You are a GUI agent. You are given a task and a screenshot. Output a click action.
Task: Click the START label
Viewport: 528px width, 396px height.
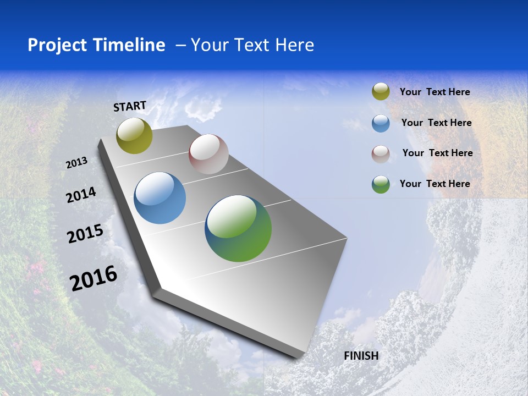pyautogui.click(x=130, y=106)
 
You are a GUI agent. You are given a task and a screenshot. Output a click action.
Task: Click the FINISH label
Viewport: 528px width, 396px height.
pyautogui.click(x=361, y=356)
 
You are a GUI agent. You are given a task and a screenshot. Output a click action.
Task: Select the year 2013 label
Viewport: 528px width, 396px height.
pyautogui.click(x=77, y=163)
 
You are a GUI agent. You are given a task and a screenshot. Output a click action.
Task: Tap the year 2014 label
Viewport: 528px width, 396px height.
pyautogui.click(x=81, y=195)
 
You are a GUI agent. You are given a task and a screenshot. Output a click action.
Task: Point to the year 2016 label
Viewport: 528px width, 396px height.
pyautogui.click(x=94, y=278)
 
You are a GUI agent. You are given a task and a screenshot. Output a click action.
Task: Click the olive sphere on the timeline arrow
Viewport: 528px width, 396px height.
pyautogui.click(x=134, y=136)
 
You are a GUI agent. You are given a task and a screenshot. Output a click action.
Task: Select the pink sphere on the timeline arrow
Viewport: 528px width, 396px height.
pyautogui.click(x=208, y=154)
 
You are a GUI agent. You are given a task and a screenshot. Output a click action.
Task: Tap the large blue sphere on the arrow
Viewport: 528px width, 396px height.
pyautogui.click(x=160, y=198)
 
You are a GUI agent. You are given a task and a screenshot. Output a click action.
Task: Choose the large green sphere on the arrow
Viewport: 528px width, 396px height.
pyautogui.click(x=238, y=228)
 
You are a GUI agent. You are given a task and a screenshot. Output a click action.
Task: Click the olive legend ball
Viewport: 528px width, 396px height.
pyautogui.click(x=381, y=92)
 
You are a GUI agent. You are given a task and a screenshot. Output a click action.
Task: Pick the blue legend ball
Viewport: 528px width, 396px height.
pyautogui.click(x=381, y=123)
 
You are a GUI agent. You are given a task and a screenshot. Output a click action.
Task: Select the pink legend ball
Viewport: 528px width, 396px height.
pyautogui.click(x=381, y=154)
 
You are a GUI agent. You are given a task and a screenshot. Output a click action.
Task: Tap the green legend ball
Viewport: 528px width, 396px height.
pyautogui.click(x=381, y=184)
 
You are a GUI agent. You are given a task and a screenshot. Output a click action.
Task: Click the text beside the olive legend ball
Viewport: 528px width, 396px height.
pyautogui.click(x=435, y=92)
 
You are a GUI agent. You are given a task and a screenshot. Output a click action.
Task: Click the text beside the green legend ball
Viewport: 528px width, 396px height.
pyautogui.click(x=435, y=184)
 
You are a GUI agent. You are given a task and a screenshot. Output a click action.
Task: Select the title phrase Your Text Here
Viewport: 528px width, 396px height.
pyautogui.click(x=252, y=45)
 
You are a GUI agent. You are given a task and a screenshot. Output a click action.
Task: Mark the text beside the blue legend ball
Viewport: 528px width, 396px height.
pyautogui.click(x=436, y=123)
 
